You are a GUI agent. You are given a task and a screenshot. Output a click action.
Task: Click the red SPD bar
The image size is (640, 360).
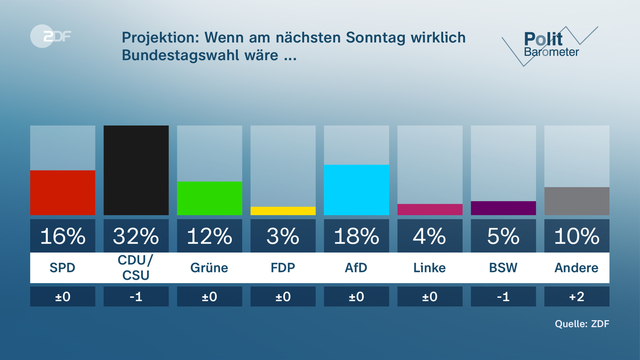click(x=63, y=193)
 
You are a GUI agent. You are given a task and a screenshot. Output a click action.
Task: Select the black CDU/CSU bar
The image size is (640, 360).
click(x=136, y=170)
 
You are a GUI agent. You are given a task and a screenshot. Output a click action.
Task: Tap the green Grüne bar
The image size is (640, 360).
click(x=209, y=198)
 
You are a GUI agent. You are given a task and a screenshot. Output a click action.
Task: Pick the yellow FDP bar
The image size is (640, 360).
click(x=283, y=211)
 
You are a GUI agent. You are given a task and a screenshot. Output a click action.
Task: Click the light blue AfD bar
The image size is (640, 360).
click(x=356, y=190)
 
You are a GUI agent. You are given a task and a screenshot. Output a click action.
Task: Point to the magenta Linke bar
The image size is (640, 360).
click(x=430, y=209)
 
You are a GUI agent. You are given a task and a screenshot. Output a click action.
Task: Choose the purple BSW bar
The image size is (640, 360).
click(x=503, y=208)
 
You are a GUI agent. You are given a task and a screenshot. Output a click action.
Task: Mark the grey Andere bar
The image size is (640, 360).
click(x=577, y=201)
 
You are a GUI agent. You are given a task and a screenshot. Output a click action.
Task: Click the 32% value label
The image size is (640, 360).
click(x=136, y=236)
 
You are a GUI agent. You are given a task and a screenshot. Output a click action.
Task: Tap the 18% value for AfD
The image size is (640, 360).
click(x=356, y=236)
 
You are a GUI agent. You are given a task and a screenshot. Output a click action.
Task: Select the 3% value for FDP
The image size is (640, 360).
click(x=283, y=236)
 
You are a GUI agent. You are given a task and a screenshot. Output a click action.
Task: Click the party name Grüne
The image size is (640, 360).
click(x=209, y=268)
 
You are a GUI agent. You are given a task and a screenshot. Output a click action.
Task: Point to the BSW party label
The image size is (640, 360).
click(x=503, y=268)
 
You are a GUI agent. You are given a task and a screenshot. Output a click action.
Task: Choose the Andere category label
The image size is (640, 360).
click(x=577, y=268)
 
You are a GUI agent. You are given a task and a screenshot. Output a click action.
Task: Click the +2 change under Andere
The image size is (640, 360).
click(x=577, y=296)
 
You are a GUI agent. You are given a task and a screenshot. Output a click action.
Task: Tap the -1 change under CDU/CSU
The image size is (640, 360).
click(x=136, y=296)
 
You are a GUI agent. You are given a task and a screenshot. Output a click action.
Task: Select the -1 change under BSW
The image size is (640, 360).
click(x=503, y=296)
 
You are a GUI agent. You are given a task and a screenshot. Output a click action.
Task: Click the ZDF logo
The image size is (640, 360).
click(x=51, y=36)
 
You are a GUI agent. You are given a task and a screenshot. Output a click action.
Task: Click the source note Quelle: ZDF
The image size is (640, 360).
click(x=582, y=324)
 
